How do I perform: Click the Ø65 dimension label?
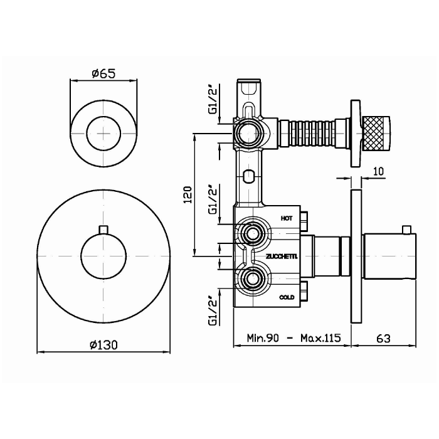pyautogui.click(x=102, y=74)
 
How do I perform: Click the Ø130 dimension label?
pyautogui.click(x=104, y=344)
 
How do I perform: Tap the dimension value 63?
pyautogui.click(x=384, y=338)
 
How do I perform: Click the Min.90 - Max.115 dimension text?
pyautogui.click(x=293, y=338)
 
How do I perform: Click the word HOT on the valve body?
pyautogui.click(x=287, y=218)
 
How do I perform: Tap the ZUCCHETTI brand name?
pyautogui.click(x=281, y=257)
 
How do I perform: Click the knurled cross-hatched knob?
pyautogui.click(x=378, y=132)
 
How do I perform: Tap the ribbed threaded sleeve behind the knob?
pyautogui.click(x=311, y=132)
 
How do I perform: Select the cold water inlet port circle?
pyautogui.click(x=253, y=278)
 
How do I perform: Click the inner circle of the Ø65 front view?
pyautogui.click(x=102, y=132)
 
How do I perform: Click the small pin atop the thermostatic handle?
pyautogui.click(x=410, y=228)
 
